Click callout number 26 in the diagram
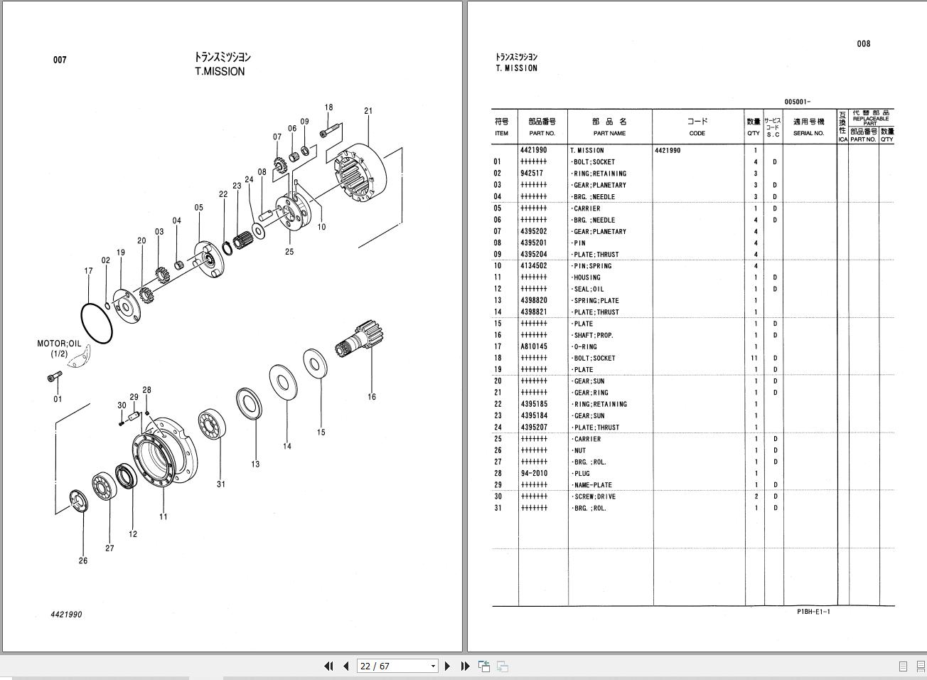[83, 561]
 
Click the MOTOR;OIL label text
[59, 344]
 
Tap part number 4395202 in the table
[533, 231]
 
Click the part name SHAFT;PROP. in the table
[594, 335]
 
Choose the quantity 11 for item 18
[754, 358]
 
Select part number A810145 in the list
[533, 347]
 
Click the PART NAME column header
[609, 133]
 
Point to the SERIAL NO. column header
[808, 133]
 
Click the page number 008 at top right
[863, 44]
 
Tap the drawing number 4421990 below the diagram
[66, 615]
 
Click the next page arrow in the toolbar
[447, 666]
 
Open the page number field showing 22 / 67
[397, 666]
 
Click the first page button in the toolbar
[328, 666]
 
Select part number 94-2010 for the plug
[533, 474]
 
